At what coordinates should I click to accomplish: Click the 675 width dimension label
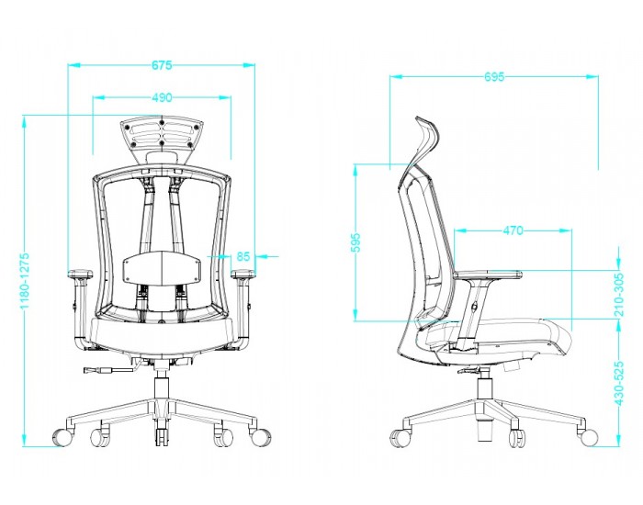(x=162, y=65)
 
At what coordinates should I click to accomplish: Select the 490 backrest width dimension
(x=162, y=97)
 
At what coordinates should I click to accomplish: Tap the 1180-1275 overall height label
(x=25, y=281)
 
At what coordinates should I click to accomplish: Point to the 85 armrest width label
(x=243, y=256)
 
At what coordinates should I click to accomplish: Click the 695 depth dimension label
(x=494, y=76)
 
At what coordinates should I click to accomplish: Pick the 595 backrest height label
(x=355, y=242)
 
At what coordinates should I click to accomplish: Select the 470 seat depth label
(x=513, y=230)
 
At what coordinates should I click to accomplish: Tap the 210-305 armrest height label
(x=619, y=295)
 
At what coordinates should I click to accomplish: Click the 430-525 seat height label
(x=619, y=383)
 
